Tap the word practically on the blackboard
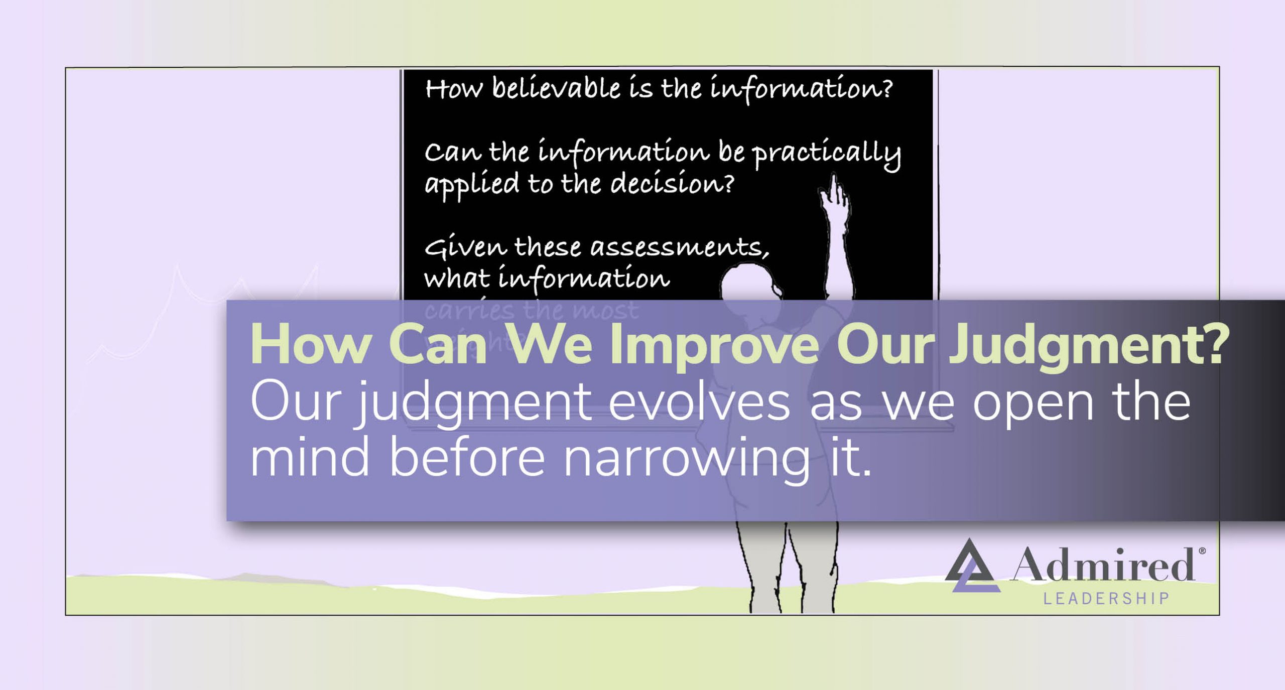826,153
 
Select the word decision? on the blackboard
672,184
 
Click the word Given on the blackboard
466,247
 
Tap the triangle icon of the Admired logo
971,567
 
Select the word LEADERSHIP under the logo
1106,599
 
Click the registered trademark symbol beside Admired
1202,551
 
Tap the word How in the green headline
310,345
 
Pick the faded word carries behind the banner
469,311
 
